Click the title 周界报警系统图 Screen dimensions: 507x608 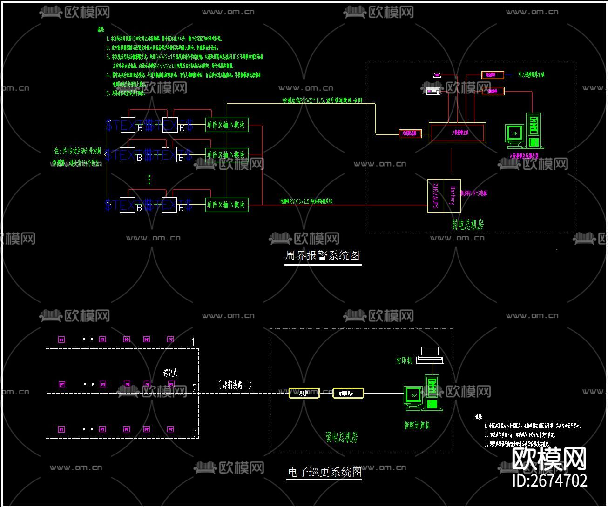point(323,255)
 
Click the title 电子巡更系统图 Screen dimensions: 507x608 point(324,473)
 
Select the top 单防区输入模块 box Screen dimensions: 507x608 point(227,125)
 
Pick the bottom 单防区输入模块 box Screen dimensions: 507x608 point(227,205)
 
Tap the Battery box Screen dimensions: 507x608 point(452,195)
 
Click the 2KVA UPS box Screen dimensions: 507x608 point(435,195)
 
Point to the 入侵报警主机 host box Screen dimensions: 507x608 point(457,133)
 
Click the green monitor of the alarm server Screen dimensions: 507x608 point(514,133)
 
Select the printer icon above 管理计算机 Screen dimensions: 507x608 point(430,355)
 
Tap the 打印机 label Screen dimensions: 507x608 point(404,360)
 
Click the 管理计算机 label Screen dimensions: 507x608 point(417,425)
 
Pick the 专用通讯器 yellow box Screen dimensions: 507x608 point(348,393)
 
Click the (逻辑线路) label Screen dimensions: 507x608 point(235,385)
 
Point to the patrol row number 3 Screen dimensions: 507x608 point(195,433)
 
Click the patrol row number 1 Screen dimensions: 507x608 point(193,342)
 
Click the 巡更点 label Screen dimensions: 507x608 point(170,373)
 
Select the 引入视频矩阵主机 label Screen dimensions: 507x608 point(531,74)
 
